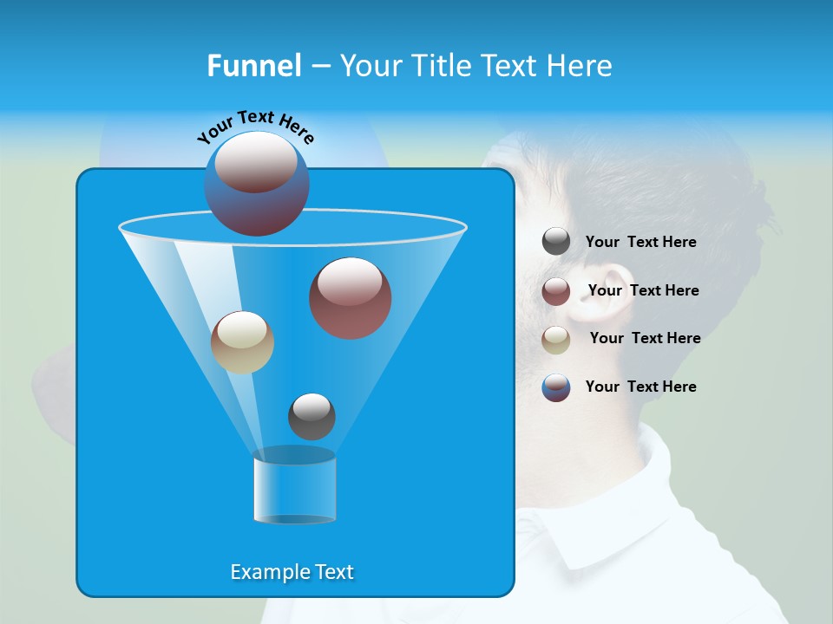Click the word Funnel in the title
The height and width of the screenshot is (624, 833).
(254, 66)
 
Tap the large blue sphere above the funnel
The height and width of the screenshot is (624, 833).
(256, 184)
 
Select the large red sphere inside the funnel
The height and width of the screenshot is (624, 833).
(351, 298)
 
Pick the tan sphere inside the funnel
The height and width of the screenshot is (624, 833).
(242, 342)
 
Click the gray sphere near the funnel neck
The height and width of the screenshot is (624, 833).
(312, 417)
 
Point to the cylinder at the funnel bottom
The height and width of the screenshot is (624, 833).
(295, 487)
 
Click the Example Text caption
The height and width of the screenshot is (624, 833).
(292, 572)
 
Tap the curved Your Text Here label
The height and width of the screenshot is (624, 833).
(256, 127)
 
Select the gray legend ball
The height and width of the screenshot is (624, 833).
(556, 242)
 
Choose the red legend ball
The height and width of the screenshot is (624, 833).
(556, 291)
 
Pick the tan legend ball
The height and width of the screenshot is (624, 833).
(556, 340)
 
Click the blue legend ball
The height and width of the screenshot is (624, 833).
(556, 387)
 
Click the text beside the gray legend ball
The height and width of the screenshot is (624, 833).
(640, 242)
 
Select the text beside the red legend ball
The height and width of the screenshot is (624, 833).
(643, 290)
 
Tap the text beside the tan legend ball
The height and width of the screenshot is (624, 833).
(645, 338)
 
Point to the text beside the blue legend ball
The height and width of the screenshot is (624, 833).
(640, 387)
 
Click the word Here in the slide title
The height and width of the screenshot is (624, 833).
(580, 66)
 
